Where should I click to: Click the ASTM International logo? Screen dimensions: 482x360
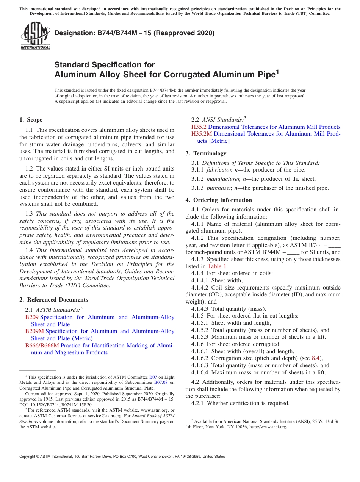point(35,36)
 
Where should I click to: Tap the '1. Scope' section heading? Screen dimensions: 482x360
point(31,120)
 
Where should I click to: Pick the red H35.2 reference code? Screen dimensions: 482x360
point(199,127)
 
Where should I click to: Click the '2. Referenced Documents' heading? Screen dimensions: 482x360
point(53,300)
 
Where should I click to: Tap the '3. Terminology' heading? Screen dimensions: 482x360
point(206,153)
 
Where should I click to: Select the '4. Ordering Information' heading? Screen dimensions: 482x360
point(219,200)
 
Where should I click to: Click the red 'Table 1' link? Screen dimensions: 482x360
point(217,266)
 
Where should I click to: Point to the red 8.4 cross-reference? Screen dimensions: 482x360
point(316,358)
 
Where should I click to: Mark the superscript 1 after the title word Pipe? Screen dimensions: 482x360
point(277,71)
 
